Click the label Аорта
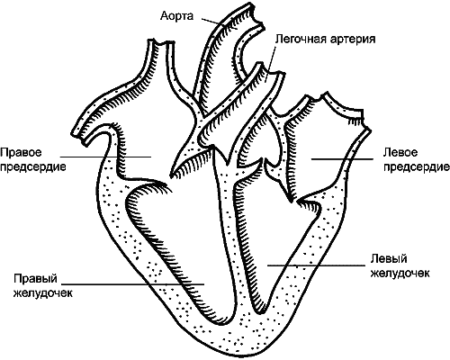176,15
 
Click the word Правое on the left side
21,153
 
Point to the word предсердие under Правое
33,166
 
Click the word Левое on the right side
400,153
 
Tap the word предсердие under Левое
417,166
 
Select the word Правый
35,278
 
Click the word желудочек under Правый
42,292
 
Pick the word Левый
389,259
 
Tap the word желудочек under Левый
400,274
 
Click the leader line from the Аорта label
212,21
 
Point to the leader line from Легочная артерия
270,62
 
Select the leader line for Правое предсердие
105,157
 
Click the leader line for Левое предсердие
342,159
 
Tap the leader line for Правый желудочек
133,283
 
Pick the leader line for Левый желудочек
316,265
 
